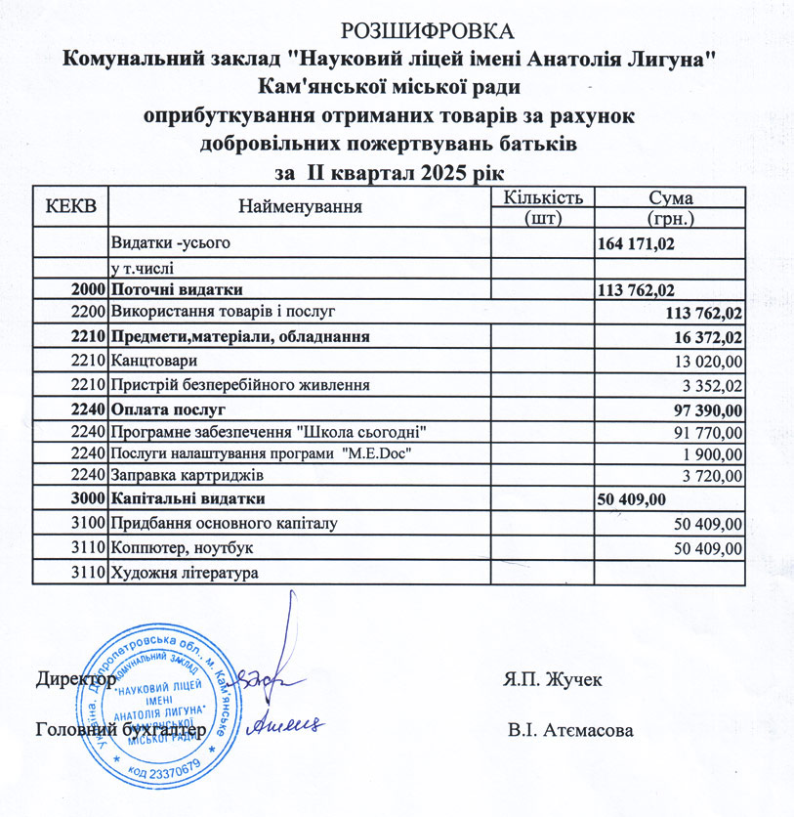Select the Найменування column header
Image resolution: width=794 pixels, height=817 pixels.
(x=299, y=206)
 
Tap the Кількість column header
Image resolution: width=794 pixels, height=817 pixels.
(x=543, y=196)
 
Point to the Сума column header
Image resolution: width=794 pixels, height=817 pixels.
(x=670, y=196)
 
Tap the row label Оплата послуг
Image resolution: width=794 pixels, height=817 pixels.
(x=167, y=408)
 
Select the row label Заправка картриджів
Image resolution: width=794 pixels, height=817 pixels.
(x=187, y=477)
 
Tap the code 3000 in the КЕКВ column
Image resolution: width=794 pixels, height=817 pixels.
(x=88, y=500)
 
